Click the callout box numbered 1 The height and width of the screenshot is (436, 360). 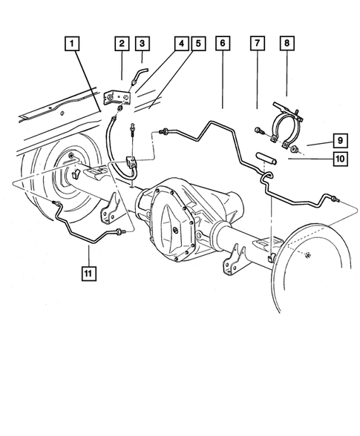[x=72, y=44]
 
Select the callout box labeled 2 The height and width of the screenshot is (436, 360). [x=121, y=44]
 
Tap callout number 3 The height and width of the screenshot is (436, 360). [x=143, y=44]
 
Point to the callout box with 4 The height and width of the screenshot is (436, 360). [x=180, y=44]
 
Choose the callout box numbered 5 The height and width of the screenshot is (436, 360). [x=197, y=44]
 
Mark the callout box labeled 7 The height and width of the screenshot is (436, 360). [x=257, y=44]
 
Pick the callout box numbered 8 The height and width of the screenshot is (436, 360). [x=287, y=44]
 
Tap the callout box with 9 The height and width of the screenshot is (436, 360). [x=338, y=139]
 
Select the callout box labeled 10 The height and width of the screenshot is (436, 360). [x=338, y=157]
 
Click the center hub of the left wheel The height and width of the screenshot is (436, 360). [x=75, y=176]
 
